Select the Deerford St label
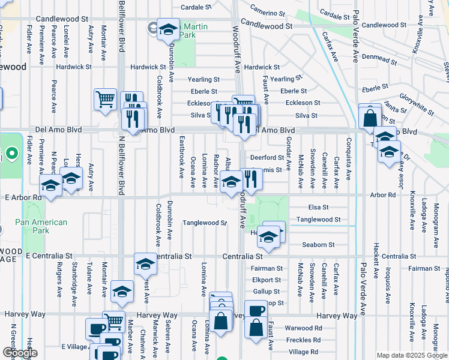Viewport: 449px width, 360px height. [267, 157]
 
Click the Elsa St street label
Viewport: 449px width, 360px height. [318, 207]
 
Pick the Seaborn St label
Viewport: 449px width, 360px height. [319, 244]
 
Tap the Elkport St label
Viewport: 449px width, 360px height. [267, 280]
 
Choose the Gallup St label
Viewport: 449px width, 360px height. [267, 291]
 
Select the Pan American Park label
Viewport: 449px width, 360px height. [41, 226]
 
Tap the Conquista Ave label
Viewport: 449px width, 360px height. [349, 159]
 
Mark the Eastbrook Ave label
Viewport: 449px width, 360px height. [181, 161]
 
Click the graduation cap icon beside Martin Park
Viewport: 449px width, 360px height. [168, 29]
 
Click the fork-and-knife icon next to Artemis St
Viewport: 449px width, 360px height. [250, 179]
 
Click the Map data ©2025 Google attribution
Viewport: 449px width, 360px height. [412, 355]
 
